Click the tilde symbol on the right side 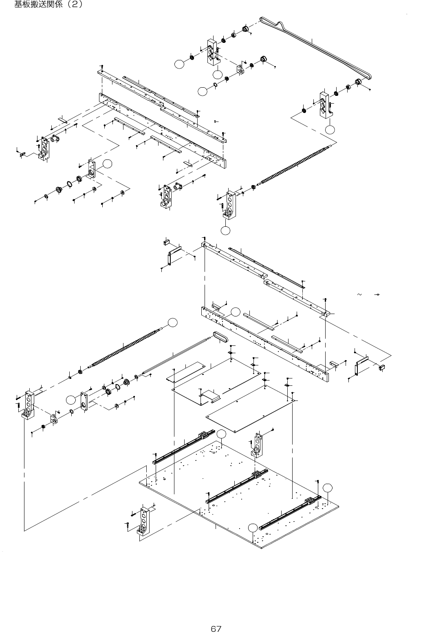359,294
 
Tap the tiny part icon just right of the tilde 378,294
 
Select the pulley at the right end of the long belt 360,82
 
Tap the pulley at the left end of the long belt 246,29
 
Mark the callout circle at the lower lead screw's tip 173,322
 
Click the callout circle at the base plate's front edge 253,527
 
